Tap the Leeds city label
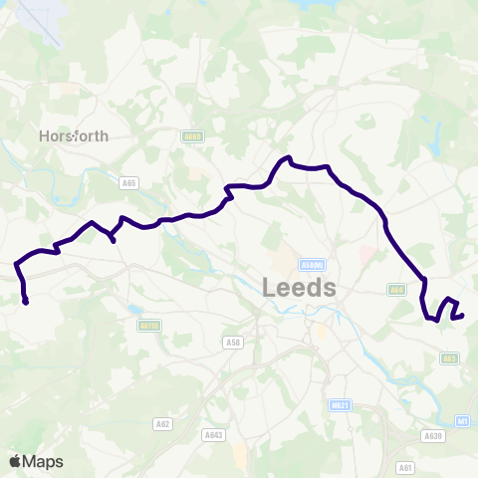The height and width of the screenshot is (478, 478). pyautogui.click(x=300, y=288)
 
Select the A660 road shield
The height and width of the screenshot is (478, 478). pyautogui.click(x=192, y=136)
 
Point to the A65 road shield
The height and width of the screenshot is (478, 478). pyautogui.click(x=128, y=183)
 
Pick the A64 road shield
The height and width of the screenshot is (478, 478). pyautogui.click(x=397, y=290)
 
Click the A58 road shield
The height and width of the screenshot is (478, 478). pyautogui.click(x=233, y=343)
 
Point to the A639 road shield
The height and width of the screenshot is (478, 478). pyautogui.click(x=432, y=435)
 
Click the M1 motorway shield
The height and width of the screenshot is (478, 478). pyautogui.click(x=463, y=422)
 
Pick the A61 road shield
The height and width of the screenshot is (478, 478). pyautogui.click(x=405, y=466)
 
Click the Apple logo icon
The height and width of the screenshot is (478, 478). pyautogui.click(x=15, y=461)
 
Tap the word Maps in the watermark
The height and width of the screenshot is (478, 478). pyautogui.click(x=43, y=461)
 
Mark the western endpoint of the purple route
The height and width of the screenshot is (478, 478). pyautogui.click(x=25, y=302)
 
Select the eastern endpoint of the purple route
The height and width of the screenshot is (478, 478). pyautogui.click(x=463, y=316)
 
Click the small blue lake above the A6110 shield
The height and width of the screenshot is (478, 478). pyautogui.click(x=135, y=310)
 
